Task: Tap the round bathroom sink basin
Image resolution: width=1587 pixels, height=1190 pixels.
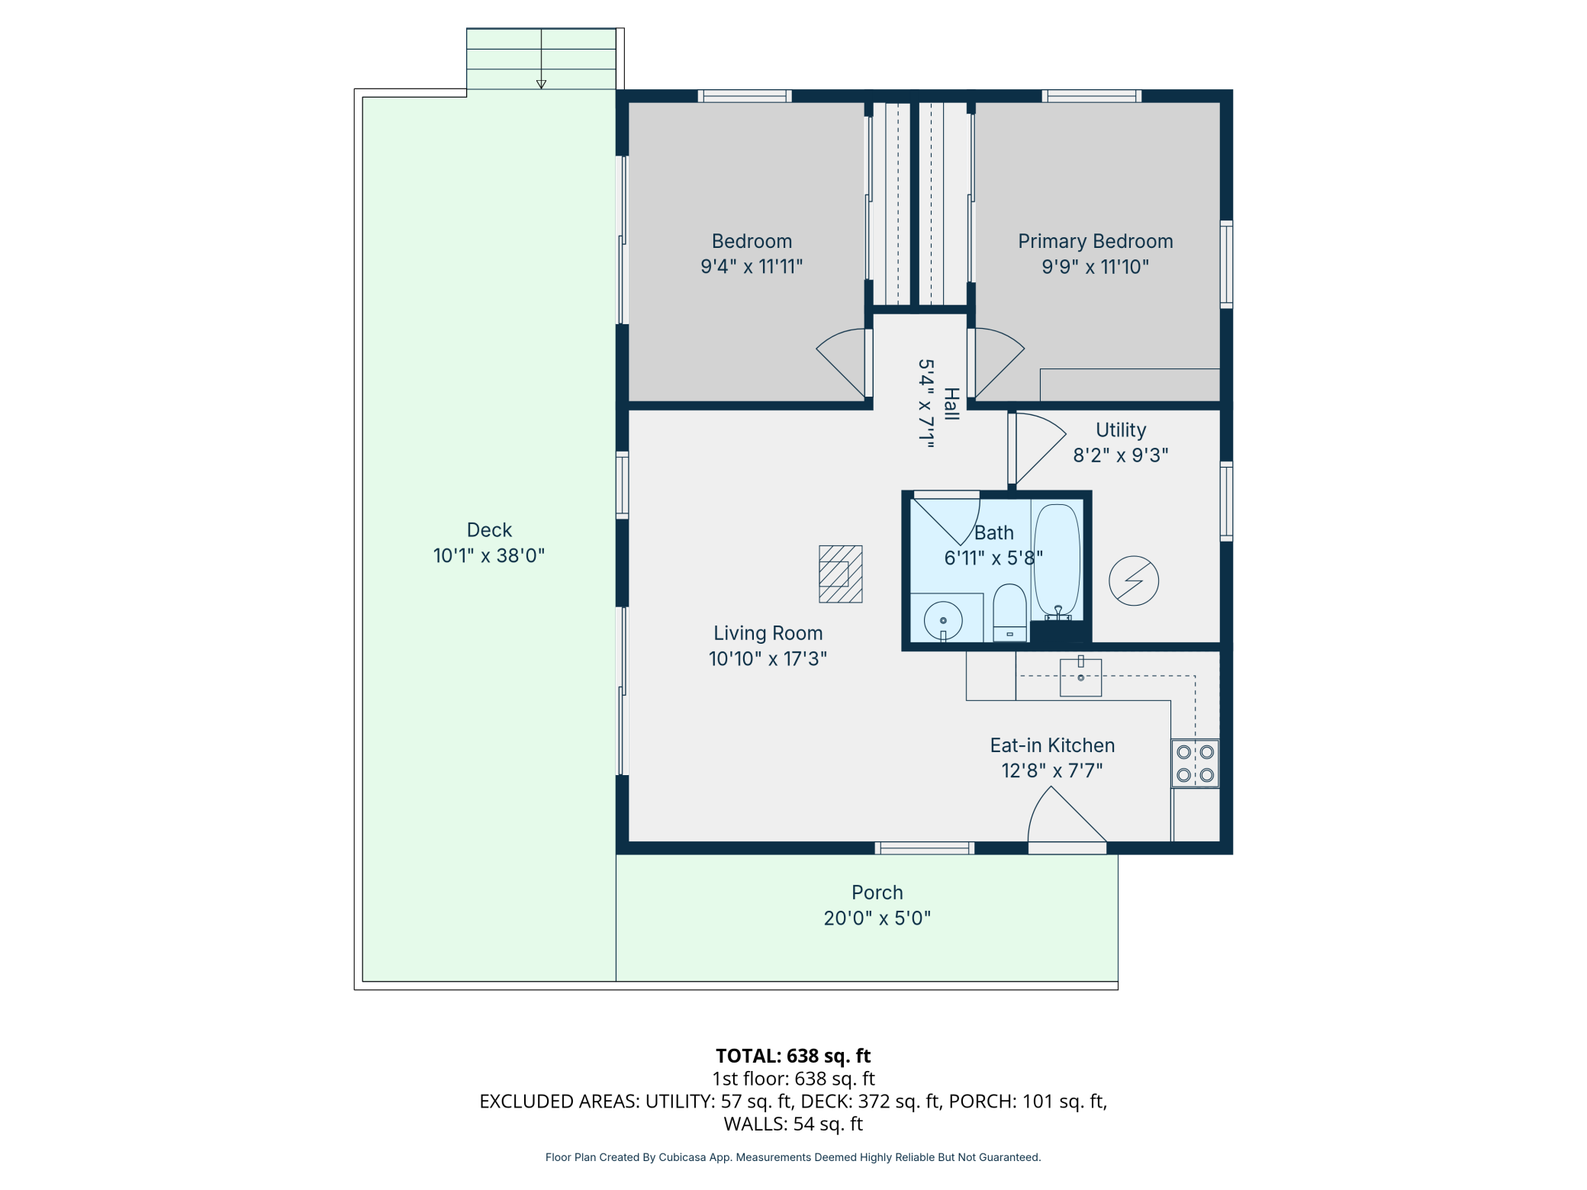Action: pyautogui.click(x=943, y=620)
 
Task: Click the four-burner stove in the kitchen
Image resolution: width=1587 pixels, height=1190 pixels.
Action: pyautogui.click(x=1195, y=763)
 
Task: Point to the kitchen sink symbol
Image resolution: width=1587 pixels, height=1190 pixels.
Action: pyautogui.click(x=1080, y=677)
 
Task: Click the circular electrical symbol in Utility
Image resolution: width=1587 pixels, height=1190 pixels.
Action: pyautogui.click(x=1134, y=581)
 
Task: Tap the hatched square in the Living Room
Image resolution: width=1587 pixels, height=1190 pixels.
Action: pyautogui.click(x=840, y=574)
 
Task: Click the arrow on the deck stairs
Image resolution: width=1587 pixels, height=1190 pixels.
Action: pyautogui.click(x=541, y=83)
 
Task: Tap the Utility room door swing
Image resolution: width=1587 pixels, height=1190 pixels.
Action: pyautogui.click(x=1038, y=447)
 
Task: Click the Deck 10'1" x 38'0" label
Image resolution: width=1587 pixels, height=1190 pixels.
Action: pyautogui.click(x=489, y=555)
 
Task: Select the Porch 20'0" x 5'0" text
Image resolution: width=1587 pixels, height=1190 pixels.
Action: pyautogui.click(x=877, y=918)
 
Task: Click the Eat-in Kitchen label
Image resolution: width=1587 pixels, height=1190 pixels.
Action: pyautogui.click(x=1052, y=745)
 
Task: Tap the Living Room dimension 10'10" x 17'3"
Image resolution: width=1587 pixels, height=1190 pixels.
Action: pyautogui.click(x=768, y=658)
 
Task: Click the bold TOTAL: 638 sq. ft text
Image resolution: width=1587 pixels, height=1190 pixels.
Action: pyautogui.click(x=793, y=1056)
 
